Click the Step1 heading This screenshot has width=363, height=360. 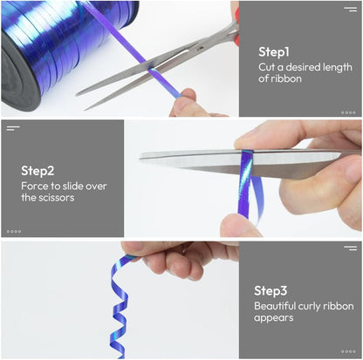274,52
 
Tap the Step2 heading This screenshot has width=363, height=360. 38,171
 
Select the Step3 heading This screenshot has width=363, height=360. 271,291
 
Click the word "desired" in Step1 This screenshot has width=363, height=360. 301,67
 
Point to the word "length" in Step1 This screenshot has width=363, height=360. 335,67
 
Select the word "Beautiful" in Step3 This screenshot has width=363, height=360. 275,306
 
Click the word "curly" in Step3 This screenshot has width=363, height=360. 309,306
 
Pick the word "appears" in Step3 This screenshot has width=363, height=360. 273,318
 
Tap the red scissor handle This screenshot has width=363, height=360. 236,27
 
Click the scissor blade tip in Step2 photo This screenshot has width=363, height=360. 140,155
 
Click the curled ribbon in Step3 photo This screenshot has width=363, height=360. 119,307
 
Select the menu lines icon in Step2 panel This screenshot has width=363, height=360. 13,128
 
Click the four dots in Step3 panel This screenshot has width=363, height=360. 348,351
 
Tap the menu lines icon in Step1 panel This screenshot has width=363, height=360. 351,9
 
